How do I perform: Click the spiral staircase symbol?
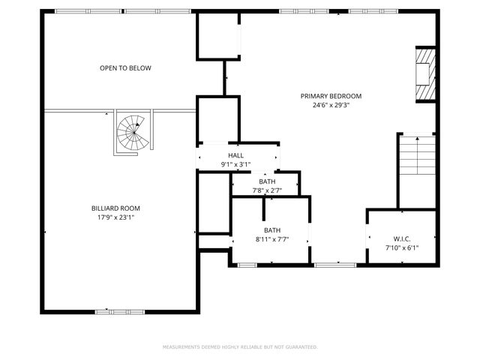(133, 133)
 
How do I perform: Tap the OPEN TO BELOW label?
(125, 68)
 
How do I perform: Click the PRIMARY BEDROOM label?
(331, 96)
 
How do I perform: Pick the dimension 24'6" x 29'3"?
(331, 105)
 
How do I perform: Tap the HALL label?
(235, 155)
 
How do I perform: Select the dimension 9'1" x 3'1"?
(235, 164)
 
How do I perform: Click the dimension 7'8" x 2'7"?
(267, 190)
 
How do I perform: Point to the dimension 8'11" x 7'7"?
(271, 239)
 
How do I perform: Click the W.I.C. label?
(401, 239)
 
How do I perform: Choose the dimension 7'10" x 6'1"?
(401, 248)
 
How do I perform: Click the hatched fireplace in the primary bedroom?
(424, 73)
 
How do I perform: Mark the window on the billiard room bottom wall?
(119, 310)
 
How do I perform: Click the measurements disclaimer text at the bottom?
(240, 347)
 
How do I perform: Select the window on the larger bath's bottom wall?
(247, 265)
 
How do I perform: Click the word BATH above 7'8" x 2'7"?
(267, 181)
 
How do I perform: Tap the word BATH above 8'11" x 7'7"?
(271, 230)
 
